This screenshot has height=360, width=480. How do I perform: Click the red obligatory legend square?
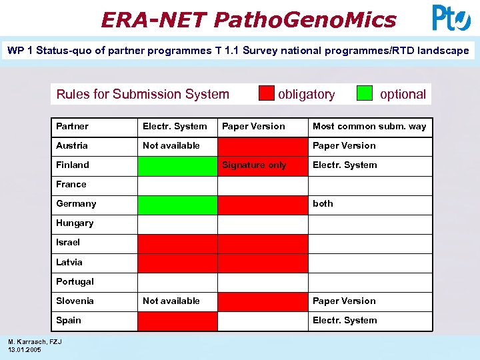(x=267, y=93)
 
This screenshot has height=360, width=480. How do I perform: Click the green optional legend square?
(x=365, y=93)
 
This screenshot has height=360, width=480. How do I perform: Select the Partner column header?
(x=72, y=126)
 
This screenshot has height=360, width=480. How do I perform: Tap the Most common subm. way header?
(x=369, y=126)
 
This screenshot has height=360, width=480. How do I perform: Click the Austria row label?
(x=72, y=145)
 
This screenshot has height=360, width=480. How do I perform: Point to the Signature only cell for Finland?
(x=254, y=165)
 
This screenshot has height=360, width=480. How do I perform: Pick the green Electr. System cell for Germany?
(x=177, y=204)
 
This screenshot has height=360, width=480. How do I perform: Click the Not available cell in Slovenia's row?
(x=171, y=301)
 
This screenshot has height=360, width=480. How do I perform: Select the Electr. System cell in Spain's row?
(x=345, y=320)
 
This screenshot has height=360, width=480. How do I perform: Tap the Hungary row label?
(x=75, y=223)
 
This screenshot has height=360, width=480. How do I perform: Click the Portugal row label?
(x=75, y=281)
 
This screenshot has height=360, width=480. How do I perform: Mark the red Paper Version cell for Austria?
(x=263, y=145)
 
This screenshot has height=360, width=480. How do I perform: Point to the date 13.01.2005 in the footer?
(x=25, y=350)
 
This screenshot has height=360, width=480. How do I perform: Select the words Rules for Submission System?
(x=143, y=94)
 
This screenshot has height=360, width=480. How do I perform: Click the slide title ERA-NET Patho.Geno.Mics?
(x=248, y=19)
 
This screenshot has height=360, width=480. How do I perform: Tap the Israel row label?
(x=68, y=243)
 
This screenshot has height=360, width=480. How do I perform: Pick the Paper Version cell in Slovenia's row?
(x=344, y=301)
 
